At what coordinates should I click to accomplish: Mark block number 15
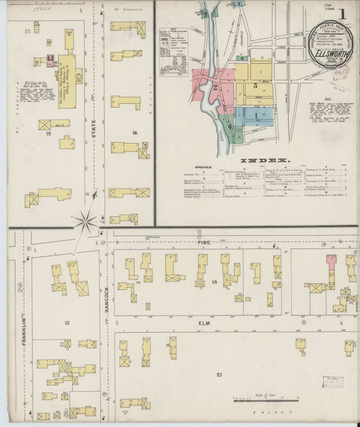(x=48, y=133)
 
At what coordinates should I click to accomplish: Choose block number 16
(x=133, y=133)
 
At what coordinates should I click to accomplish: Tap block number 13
(x=66, y=323)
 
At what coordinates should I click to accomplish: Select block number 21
(x=220, y=375)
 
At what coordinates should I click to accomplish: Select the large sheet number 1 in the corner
(x=342, y=14)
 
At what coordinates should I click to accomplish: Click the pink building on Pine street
(x=330, y=261)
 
